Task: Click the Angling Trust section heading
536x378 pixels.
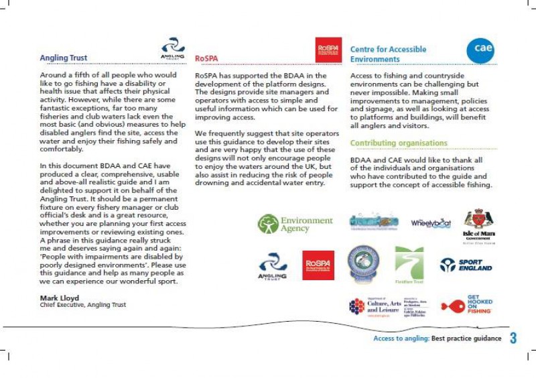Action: click(x=64, y=58)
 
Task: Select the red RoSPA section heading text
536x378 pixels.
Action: click(x=206, y=59)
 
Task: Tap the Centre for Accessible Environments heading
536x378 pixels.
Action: click(x=388, y=54)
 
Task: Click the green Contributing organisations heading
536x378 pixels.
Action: click(x=399, y=143)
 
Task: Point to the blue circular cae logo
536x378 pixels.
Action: click(x=480, y=50)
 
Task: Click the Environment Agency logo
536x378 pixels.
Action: click(x=295, y=224)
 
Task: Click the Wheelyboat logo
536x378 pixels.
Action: click(x=431, y=223)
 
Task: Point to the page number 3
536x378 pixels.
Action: click(x=513, y=338)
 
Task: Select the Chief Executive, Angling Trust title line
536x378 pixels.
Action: click(x=83, y=304)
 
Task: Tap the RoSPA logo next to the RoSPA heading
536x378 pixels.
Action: click(x=328, y=50)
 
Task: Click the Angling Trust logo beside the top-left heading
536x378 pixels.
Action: click(x=172, y=49)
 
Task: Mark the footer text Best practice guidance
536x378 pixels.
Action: click(x=466, y=339)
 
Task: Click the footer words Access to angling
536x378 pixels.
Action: click(x=401, y=339)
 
